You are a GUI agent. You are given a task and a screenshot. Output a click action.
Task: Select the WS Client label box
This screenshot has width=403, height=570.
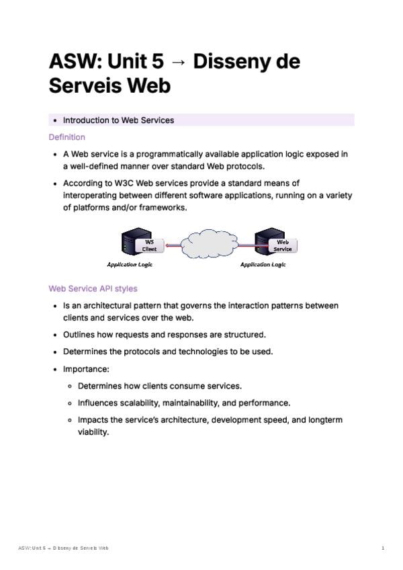(x=148, y=245)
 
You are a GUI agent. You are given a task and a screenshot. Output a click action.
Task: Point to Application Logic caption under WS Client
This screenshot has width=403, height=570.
(x=130, y=265)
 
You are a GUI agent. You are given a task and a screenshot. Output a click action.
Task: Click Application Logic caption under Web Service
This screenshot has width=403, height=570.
(x=263, y=265)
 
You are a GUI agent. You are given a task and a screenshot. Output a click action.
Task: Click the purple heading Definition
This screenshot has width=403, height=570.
(x=66, y=137)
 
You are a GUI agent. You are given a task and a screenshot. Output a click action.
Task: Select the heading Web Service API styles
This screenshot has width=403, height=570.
(x=93, y=288)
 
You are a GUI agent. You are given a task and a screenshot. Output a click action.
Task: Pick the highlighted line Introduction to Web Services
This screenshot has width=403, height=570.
(x=118, y=120)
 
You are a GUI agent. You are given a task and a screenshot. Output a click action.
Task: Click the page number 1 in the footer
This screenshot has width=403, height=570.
(x=382, y=548)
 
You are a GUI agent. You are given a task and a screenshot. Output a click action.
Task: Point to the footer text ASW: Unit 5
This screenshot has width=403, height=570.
(x=34, y=548)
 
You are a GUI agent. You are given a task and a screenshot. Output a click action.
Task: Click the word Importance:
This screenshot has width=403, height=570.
(x=86, y=369)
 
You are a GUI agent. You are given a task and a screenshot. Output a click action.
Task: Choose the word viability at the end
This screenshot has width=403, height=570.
(x=93, y=432)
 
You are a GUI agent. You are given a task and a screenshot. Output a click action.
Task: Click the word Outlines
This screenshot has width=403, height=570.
(x=81, y=334)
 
